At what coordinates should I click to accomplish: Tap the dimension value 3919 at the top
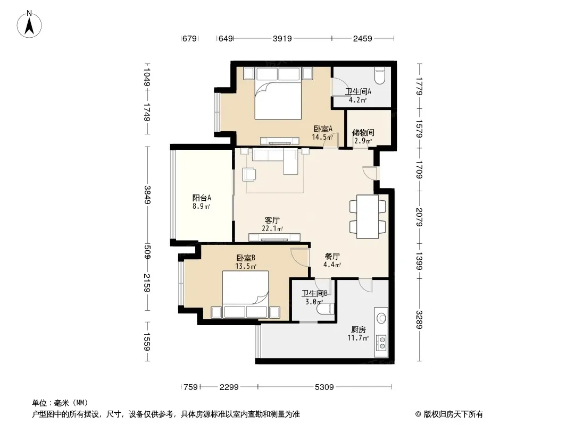282,38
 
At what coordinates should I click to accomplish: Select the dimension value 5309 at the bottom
324,387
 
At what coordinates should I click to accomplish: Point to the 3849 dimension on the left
147,194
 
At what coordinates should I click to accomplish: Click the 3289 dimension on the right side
419,320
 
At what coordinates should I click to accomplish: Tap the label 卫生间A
358,91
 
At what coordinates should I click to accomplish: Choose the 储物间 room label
363,132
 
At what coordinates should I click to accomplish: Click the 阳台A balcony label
202,198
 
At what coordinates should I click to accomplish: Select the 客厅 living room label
272,220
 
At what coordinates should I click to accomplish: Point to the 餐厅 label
332,257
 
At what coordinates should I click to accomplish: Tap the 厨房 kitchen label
358,329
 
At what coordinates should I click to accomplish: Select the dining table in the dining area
368,217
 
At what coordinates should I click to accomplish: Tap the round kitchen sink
381,318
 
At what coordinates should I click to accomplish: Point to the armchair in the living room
249,174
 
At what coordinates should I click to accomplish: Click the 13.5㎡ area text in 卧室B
246,267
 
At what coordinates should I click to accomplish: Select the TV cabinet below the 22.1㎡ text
274,237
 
